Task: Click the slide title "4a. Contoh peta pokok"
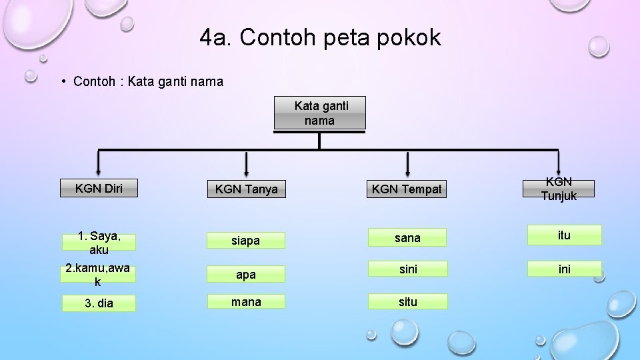320,38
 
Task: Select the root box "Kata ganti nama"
320,113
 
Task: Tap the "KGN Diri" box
98,188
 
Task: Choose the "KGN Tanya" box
246,189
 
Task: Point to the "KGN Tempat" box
407,189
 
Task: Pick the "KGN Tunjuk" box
559,189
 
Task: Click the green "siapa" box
245,241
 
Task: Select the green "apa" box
245,273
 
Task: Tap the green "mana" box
246,302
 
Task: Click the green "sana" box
407,238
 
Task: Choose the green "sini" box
407,269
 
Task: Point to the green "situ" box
407,302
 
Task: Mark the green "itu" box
564,235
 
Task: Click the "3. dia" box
99,303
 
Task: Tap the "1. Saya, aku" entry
99,243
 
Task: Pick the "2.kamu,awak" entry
98,275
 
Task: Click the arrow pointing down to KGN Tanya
247,163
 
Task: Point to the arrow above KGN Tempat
408,163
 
